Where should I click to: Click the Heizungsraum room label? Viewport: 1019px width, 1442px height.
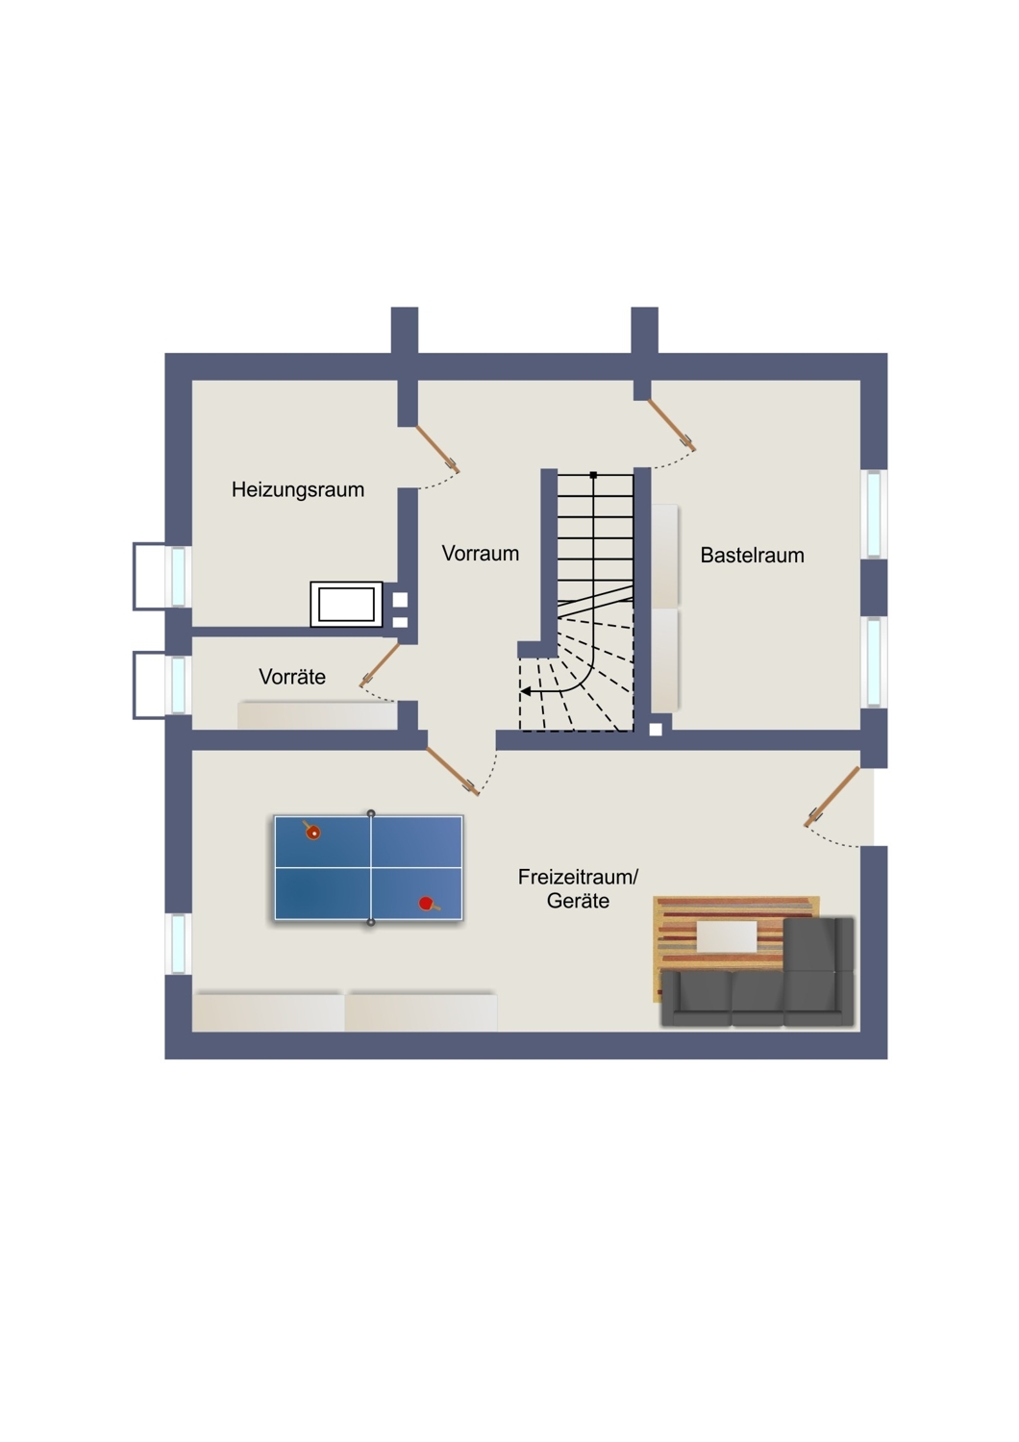tap(297, 490)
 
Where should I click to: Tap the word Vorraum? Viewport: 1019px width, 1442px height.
tap(481, 553)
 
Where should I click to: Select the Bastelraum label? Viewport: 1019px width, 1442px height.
tap(752, 555)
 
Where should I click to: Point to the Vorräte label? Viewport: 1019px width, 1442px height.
tap(292, 676)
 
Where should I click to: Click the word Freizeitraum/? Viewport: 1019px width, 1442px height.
tap(578, 877)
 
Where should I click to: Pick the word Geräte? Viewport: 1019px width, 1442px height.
tap(578, 901)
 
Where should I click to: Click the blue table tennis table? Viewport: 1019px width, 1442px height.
tap(369, 868)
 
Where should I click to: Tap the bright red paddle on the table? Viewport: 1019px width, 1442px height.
tap(428, 904)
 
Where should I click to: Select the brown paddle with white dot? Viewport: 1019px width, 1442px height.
tap(311, 832)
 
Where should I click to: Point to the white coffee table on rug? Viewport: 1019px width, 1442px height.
tap(727, 937)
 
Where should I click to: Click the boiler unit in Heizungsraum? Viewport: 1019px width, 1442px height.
tap(346, 604)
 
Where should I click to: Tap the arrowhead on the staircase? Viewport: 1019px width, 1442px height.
tap(526, 692)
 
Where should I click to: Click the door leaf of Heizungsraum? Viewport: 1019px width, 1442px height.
tap(437, 449)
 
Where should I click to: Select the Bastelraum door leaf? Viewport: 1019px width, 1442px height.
tap(671, 424)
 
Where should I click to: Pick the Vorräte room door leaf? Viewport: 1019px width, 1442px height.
tap(381, 663)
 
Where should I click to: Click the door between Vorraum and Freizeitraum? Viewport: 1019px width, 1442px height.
tap(453, 771)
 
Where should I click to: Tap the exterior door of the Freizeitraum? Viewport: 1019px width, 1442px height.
tap(833, 796)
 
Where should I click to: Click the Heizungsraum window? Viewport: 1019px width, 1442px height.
tap(178, 576)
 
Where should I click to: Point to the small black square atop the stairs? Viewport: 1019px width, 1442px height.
tap(593, 475)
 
